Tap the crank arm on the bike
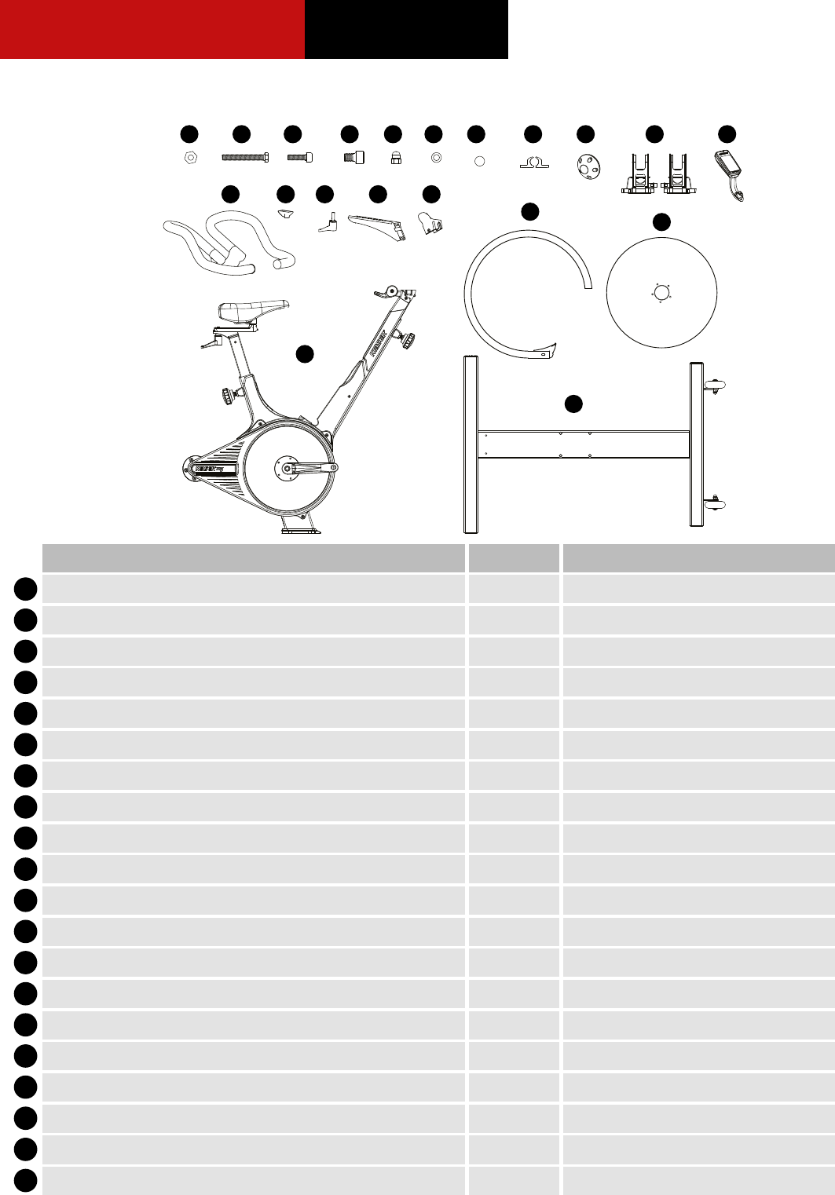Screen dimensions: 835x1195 (310, 468)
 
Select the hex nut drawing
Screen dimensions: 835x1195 (189, 158)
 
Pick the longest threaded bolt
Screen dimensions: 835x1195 (245, 158)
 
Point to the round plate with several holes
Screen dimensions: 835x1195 (586, 167)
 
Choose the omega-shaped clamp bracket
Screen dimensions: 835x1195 (533, 163)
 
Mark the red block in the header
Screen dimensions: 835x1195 (152, 29)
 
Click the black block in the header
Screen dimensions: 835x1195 (406, 29)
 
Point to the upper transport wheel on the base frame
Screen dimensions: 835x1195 (716, 384)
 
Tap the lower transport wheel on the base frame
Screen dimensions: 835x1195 (716, 500)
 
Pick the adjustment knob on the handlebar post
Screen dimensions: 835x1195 (408, 340)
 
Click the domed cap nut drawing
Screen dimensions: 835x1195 (396, 159)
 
